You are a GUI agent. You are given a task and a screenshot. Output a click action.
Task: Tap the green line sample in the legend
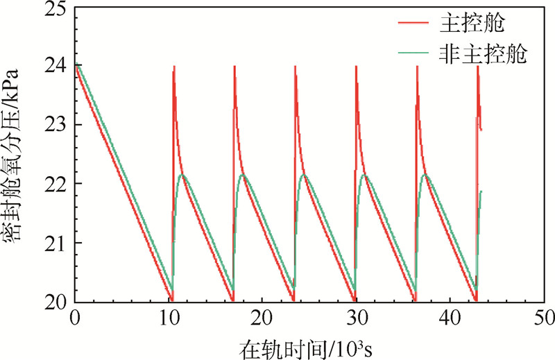[415, 54]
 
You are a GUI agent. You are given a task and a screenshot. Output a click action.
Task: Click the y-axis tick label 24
[56, 65]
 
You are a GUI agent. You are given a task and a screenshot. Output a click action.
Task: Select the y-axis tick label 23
[56, 125]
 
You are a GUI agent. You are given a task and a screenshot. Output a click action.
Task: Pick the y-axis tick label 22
[56, 184]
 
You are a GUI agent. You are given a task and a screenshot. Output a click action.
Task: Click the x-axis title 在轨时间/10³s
[309, 345]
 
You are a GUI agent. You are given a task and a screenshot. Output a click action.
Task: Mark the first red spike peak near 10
[173, 67]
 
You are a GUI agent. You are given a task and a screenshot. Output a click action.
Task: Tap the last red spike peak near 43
[478, 67]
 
